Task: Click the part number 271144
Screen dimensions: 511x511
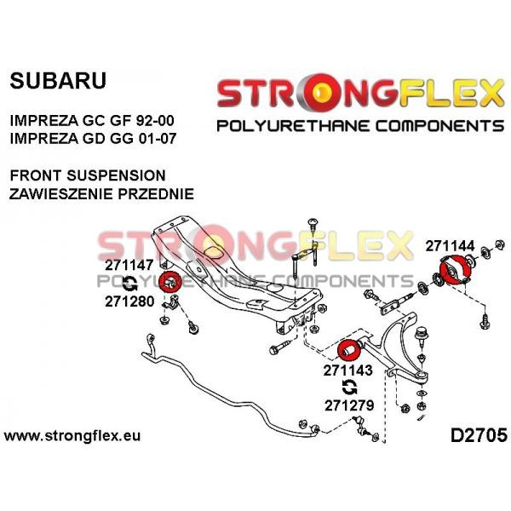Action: click(450, 246)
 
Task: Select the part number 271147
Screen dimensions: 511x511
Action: click(129, 265)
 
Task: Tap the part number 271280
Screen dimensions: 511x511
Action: click(129, 301)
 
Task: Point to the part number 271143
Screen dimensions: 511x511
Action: click(347, 370)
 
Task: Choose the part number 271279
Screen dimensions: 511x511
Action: click(349, 405)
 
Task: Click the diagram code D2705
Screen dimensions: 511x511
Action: click(479, 435)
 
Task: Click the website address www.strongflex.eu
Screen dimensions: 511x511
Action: click(72, 436)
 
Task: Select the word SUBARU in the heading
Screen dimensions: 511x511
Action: click(58, 81)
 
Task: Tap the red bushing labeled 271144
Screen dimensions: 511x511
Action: click(456, 269)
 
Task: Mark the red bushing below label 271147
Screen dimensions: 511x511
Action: click(170, 282)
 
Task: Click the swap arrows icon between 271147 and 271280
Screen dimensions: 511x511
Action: click(129, 283)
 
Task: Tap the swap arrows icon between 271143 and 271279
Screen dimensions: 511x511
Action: click(350, 388)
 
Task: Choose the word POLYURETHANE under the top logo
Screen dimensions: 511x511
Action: click(293, 126)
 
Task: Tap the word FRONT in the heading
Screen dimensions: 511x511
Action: click(36, 175)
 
